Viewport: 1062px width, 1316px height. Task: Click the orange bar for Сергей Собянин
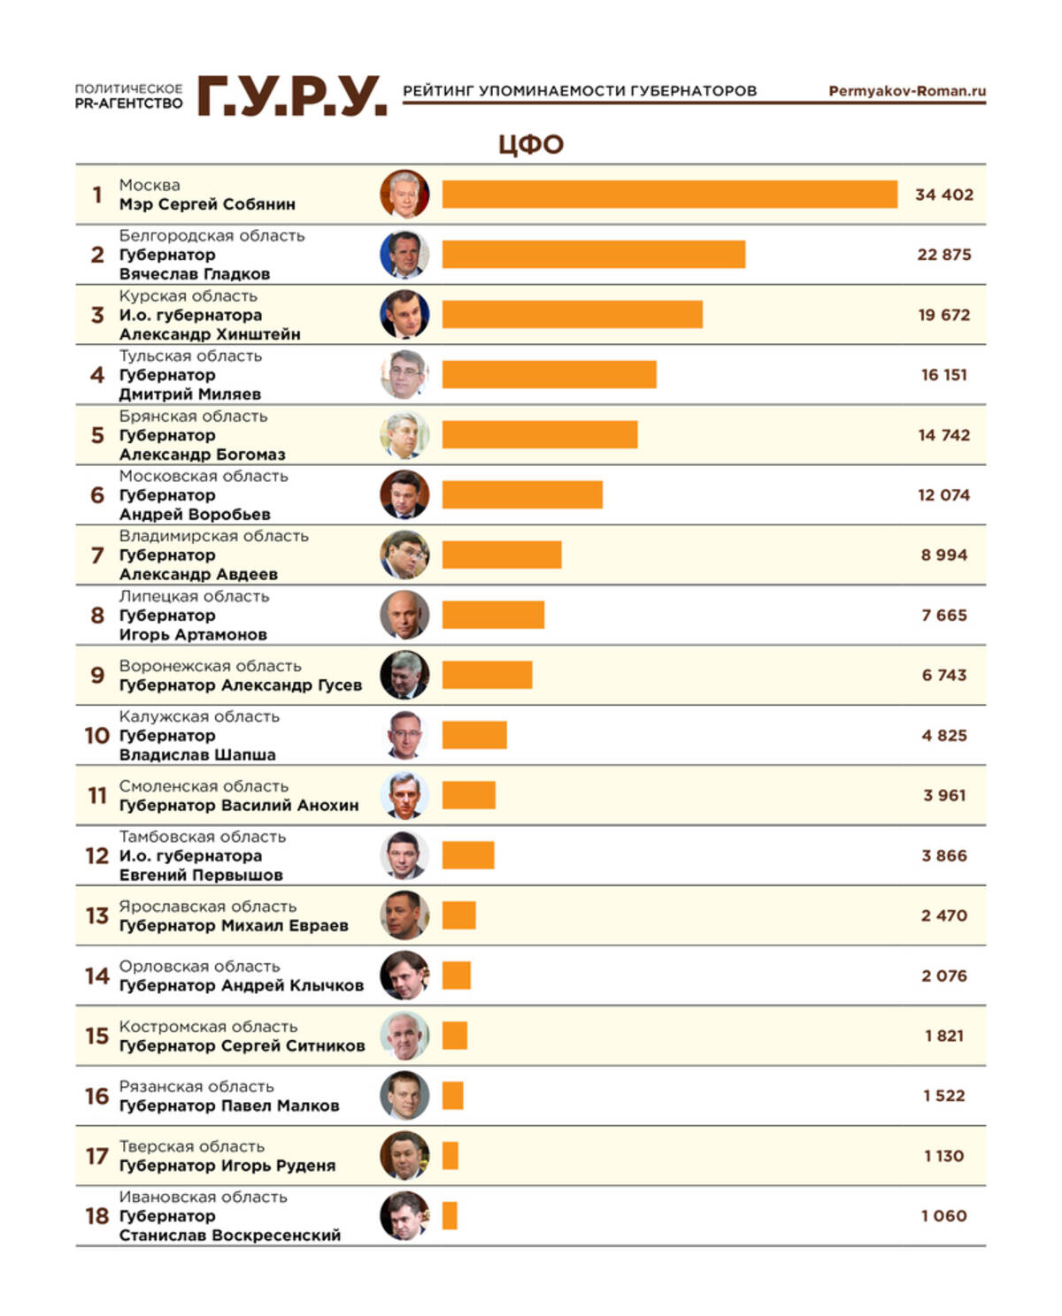pyautogui.click(x=669, y=195)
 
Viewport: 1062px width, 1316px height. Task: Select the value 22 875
pyautogui.click(x=943, y=255)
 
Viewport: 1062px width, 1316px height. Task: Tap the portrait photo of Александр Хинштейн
pyautogui.click(x=404, y=315)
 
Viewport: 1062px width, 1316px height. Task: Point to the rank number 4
pyautogui.click(x=97, y=375)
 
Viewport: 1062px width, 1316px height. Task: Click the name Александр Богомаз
pyautogui.click(x=202, y=455)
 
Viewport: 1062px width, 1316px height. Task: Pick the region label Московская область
pyautogui.click(x=204, y=476)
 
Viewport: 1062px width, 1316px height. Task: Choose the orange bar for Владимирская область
pyautogui.click(x=502, y=555)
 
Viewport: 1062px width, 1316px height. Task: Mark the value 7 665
pyautogui.click(x=943, y=616)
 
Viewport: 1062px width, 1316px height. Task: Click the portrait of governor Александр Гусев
pyautogui.click(x=404, y=675)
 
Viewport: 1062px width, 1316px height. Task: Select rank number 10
pyautogui.click(x=96, y=736)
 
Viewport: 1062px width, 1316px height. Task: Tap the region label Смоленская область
pyautogui.click(x=204, y=786)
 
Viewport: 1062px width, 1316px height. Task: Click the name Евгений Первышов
pyautogui.click(x=201, y=876)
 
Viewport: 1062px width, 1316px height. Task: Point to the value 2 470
pyautogui.click(x=943, y=915)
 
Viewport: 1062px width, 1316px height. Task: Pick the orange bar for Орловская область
pyautogui.click(x=457, y=976)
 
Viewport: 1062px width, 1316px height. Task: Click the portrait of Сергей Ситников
pyautogui.click(x=404, y=1036)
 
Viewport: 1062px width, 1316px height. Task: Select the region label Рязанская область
pyautogui.click(x=196, y=1086)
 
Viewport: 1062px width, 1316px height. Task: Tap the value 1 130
pyautogui.click(x=943, y=1156)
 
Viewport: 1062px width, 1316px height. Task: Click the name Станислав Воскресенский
pyautogui.click(x=229, y=1236)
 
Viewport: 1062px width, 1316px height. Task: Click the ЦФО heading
pyautogui.click(x=530, y=144)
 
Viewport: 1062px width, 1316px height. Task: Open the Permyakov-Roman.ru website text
pyautogui.click(x=906, y=91)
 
